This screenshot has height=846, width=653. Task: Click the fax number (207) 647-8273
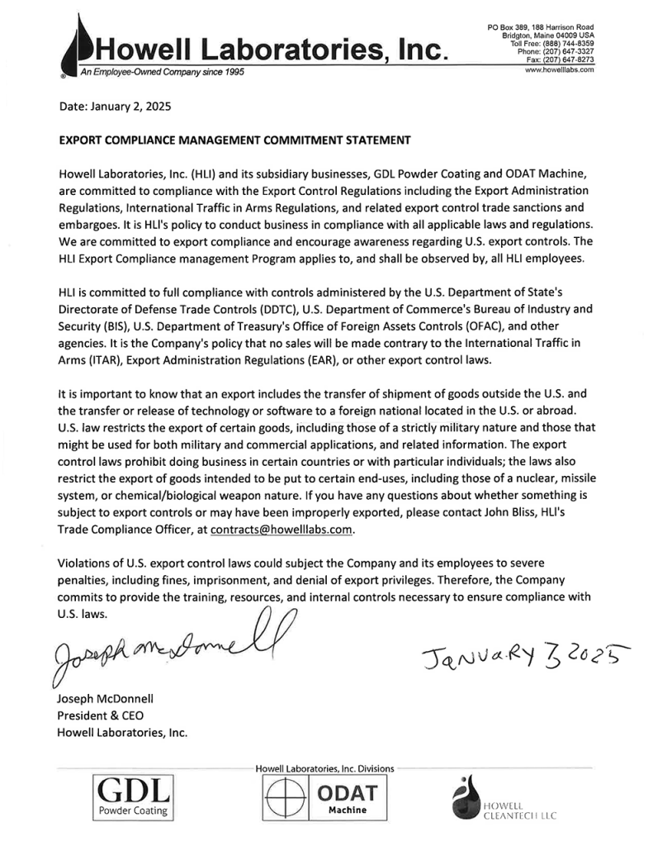point(567,59)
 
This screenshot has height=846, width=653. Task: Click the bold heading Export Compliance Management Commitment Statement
point(235,140)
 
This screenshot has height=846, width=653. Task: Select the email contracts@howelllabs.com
point(282,529)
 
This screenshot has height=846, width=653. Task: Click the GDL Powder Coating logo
point(132,796)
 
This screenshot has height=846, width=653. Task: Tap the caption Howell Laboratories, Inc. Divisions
point(324,768)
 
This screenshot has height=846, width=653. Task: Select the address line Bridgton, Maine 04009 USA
point(548,36)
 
